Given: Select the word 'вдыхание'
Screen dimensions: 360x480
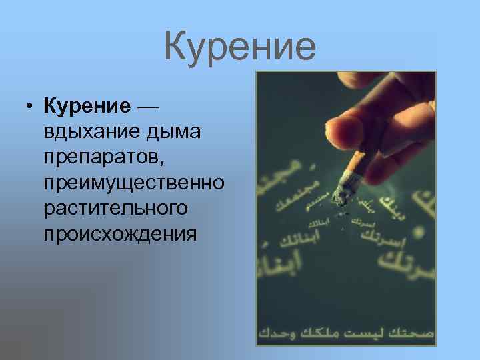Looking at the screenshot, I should (89, 131).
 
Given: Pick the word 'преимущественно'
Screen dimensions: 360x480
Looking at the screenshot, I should (133, 183).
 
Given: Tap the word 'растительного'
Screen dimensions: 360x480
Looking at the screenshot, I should (115, 209).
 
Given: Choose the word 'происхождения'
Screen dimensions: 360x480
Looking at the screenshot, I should (120, 235).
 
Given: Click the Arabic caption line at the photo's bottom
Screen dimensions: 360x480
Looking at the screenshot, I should (346, 331).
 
